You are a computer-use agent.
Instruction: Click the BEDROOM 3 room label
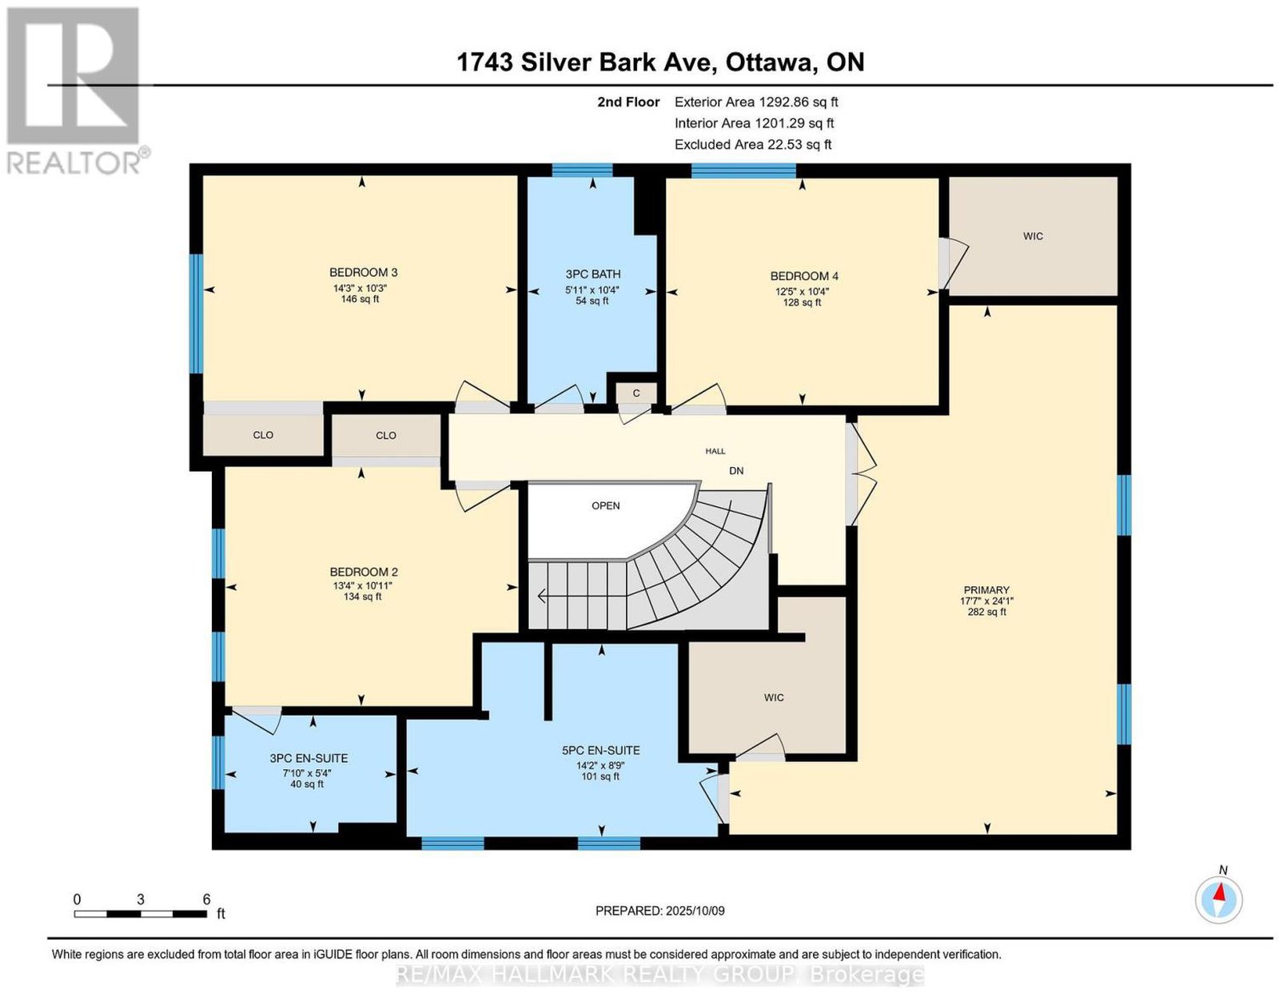coord(363,273)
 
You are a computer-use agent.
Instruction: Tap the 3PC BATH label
coord(592,274)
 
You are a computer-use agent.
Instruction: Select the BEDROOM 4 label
coord(804,276)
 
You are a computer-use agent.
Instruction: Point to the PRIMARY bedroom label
coord(986,589)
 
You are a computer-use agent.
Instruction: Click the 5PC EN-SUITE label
coord(600,750)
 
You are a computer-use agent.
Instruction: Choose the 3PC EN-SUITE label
coord(309,759)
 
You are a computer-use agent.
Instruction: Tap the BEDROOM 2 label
coord(364,572)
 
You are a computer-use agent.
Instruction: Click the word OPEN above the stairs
coord(606,505)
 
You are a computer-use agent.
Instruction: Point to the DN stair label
coord(736,471)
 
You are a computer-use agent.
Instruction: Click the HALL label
coord(715,451)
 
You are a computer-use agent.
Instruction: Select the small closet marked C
coord(636,393)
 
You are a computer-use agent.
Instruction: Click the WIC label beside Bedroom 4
coord(1033,236)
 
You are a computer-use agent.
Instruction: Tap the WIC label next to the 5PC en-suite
coord(774,697)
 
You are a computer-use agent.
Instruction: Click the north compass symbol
coord(1218,900)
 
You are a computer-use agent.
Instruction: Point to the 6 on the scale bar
coord(206,899)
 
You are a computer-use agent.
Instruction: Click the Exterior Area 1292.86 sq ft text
coord(756,102)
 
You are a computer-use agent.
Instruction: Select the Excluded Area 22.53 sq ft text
coord(753,145)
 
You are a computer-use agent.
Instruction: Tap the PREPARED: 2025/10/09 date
coord(659,910)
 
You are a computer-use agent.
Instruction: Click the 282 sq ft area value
coord(986,612)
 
